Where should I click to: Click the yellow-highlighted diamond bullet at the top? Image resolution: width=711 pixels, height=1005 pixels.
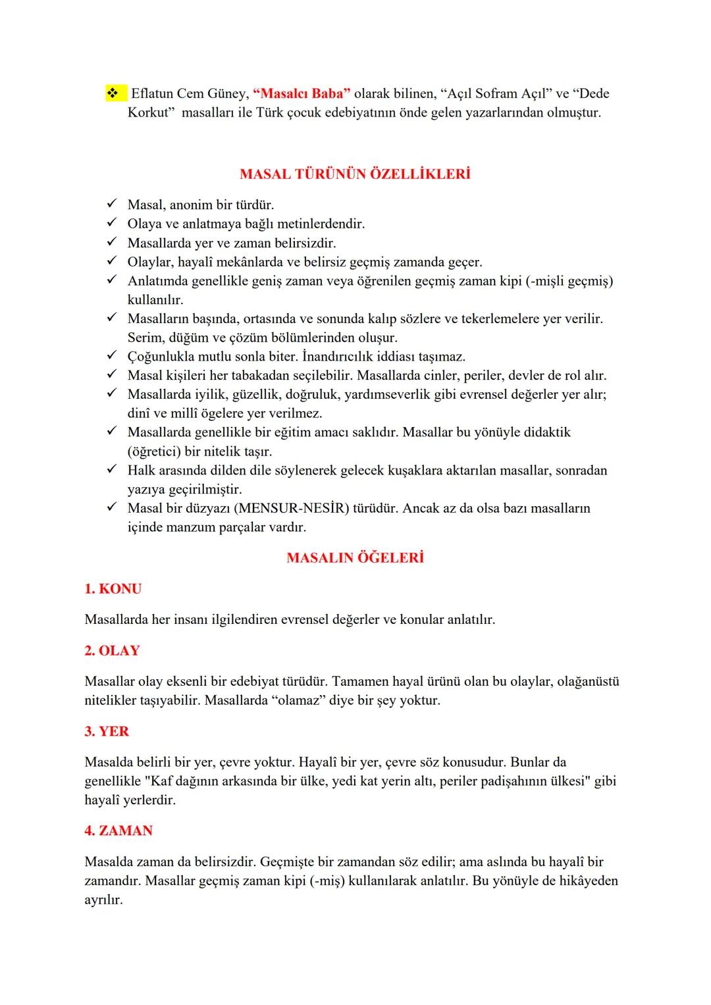111,94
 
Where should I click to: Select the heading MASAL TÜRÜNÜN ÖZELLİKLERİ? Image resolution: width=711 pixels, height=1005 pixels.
355,175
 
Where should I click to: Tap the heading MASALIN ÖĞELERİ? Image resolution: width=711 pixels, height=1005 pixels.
355,558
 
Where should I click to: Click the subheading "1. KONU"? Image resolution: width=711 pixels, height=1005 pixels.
113,589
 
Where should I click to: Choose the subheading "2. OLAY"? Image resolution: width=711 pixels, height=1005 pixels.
113,651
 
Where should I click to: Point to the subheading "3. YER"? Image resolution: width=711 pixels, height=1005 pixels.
107,732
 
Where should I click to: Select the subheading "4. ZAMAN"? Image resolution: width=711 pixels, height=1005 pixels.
118,831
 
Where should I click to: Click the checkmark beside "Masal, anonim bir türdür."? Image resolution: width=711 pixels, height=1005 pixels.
111,205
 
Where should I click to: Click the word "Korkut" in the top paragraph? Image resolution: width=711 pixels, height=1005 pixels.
151,113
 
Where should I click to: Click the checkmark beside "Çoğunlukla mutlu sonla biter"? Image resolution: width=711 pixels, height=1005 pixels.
111,357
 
